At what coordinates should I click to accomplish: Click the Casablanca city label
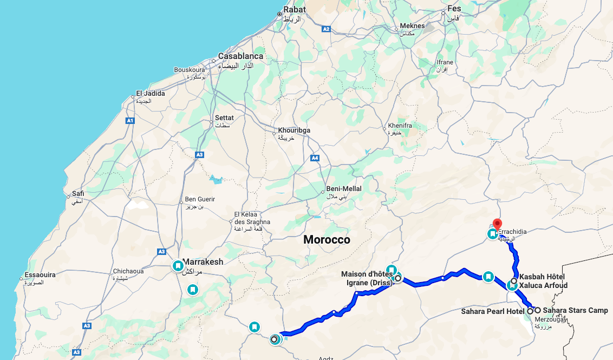coord(240,56)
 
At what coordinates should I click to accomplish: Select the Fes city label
coord(453,10)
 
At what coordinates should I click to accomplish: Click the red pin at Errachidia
coord(497,224)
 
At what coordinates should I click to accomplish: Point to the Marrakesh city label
coord(203,262)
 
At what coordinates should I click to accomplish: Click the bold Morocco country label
coord(327,239)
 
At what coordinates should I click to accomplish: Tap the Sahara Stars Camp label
coord(575,310)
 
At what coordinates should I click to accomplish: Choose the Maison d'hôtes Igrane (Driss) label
coord(367,278)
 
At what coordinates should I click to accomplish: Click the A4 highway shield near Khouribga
coord(315,158)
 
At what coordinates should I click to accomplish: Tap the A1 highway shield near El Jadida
coord(130,121)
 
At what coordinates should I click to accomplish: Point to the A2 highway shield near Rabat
coord(325,29)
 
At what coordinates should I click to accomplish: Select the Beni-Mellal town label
coord(343,188)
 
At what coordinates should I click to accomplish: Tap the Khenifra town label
coord(400,126)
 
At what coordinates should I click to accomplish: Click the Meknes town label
coord(413,26)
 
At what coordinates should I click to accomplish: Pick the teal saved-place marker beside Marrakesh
coord(178,266)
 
